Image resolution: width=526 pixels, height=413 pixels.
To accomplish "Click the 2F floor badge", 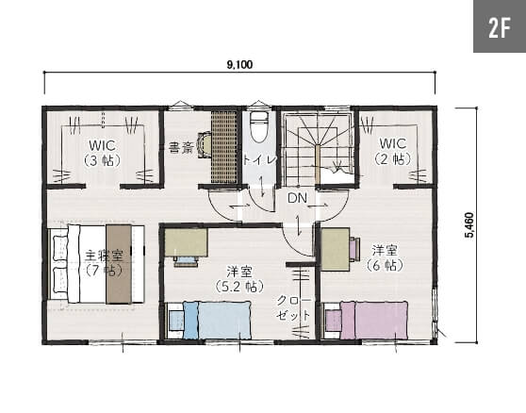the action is pyautogui.click(x=500, y=26).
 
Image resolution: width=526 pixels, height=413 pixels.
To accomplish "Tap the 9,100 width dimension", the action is pyautogui.click(x=239, y=64).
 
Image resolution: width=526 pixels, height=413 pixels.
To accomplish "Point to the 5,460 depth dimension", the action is pyautogui.click(x=469, y=225).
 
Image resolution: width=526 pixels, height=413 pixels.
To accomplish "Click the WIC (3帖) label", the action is pyautogui.click(x=103, y=154).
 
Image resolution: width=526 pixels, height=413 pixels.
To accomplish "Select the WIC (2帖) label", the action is pyautogui.click(x=392, y=151).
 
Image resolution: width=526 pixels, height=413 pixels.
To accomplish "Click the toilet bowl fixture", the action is pyautogui.click(x=260, y=127).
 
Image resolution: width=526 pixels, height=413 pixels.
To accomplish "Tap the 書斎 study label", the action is pyautogui.click(x=182, y=148).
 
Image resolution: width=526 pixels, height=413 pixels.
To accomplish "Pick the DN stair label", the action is pyautogui.click(x=297, y=198).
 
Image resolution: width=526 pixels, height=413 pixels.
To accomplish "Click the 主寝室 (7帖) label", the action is pyautogui.click(x=104, y=263).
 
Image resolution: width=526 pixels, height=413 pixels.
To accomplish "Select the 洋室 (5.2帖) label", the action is pyautogui.click(x=239, y=279).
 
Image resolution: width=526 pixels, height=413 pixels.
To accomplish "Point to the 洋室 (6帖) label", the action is pyautogui.click(x=385, y=258).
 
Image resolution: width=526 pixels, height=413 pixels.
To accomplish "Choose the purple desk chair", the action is pyautogui.click(x=354, y=249).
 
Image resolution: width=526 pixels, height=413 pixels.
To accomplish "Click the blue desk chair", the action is pyautogui.click(x=185, y=260).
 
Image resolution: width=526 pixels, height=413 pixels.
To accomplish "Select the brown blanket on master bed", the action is pyautogui.click(x=119, y=264).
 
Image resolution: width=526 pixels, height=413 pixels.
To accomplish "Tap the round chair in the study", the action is pyautogui.click(x=205, y=144).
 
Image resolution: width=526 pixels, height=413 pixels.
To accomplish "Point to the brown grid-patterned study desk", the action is pyautogui.click(x=224, y=147).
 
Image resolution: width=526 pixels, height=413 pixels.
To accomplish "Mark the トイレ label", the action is pyautogui.click(x=259, y=159).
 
